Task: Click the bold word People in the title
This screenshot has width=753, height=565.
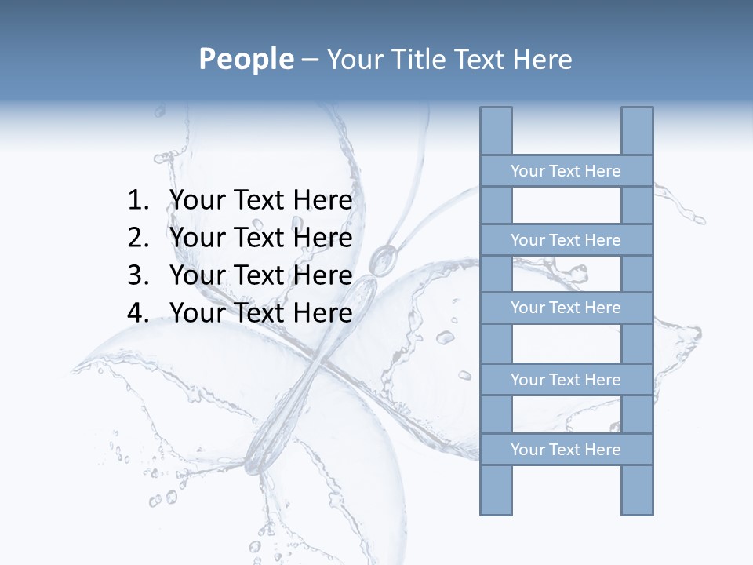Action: tap(246, 59)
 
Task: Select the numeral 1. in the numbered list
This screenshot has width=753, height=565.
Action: tap(137, 201)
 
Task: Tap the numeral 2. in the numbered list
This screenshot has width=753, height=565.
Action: tap(137, 238)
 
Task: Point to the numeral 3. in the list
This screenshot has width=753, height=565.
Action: tap(137, 275)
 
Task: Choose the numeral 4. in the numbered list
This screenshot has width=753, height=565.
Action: tap(137, 313)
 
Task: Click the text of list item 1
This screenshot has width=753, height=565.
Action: tap(260, 201)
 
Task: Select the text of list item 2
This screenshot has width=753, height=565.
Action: tap(260, 238)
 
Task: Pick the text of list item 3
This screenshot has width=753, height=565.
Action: tap(260, 275)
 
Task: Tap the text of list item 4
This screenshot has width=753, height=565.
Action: tap(260, 313)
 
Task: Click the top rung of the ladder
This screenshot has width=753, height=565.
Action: tap(566, 171)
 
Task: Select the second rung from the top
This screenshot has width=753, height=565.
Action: tap(566, 240)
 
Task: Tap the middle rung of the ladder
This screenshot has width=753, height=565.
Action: tap(566, 308)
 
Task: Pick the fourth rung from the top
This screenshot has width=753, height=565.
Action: tap(566, 380)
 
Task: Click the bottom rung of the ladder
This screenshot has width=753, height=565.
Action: tap(566, 450)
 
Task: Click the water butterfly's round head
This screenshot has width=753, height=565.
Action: tap(384, 258)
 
